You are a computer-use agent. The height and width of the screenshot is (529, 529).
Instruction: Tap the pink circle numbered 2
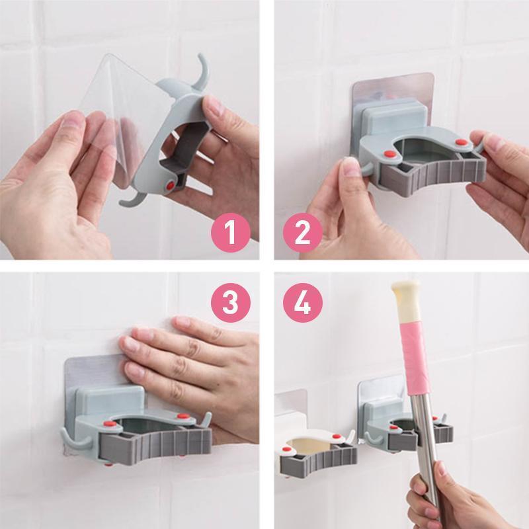click(303, 233)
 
